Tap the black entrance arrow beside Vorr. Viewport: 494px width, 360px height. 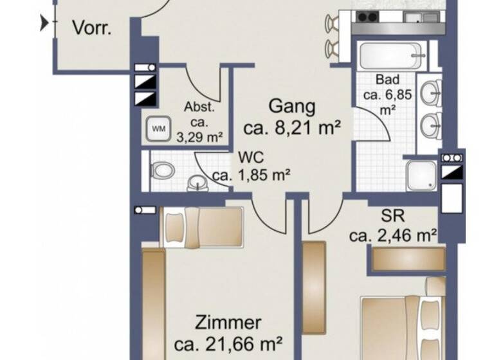tap(44, 24)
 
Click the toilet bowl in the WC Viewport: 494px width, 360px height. tap(163, 171)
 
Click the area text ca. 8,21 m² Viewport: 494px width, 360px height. tap(291, 128)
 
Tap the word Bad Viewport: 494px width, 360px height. tap(388, 80)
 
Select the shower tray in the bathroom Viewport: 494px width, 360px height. tap(421, 175)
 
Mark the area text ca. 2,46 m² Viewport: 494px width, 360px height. tap(394, 235)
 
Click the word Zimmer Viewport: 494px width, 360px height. tap(229, 322)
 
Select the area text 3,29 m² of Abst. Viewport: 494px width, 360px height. tap(199, 136)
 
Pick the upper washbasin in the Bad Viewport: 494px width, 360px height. tap(430, 94)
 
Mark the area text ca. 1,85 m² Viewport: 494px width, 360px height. tap(252, 174)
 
